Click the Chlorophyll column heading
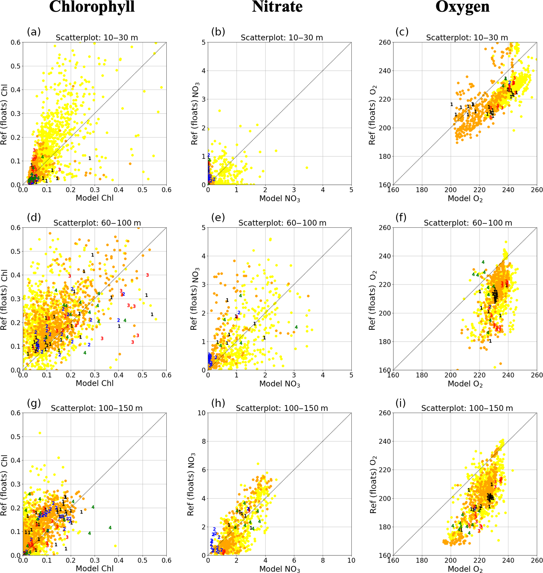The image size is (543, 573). [92, 7]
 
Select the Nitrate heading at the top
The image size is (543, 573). [277, 7]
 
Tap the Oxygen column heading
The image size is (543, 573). [462, 7]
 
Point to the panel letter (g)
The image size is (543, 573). [34, 403]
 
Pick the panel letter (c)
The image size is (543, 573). [402, 32]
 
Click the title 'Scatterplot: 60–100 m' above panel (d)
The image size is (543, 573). [97, 223]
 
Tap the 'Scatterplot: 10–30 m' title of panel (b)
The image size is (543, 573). [282, 38]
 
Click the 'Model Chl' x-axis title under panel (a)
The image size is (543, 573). [95, 198]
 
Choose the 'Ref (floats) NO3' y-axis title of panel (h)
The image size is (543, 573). [191, 484]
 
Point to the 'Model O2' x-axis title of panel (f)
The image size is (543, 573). [465, 384]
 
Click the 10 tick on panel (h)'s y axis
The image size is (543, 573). [201, 413]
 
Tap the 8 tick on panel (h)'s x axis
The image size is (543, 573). [323, 561]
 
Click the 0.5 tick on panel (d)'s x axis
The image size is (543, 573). [143, 375]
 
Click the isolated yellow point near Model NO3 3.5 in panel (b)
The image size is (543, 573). [307, 167]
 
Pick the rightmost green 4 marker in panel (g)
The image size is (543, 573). [110, 528]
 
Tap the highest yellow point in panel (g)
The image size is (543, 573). [40, 433]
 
